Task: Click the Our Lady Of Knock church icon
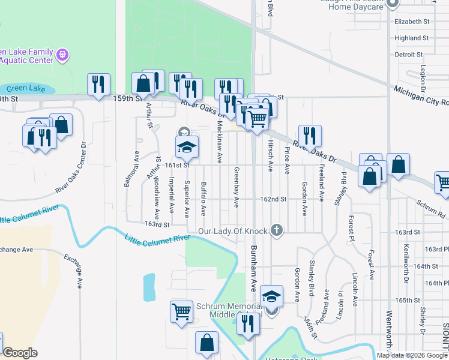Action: click(276, 230)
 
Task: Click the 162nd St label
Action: click(273, 199)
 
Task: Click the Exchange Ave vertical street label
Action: click(79, 269)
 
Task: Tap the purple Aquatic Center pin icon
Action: click(61, 56)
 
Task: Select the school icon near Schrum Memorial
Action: click(271, 297)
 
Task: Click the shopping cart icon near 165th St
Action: click(181, 311)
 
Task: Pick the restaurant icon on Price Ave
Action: click(310, 136)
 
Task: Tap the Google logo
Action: click(20, 353)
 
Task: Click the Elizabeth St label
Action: click(412, 22)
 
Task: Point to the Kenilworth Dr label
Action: click(406, 264)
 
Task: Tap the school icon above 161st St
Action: click(187, 146)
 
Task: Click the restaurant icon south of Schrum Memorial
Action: click(248, 325)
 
